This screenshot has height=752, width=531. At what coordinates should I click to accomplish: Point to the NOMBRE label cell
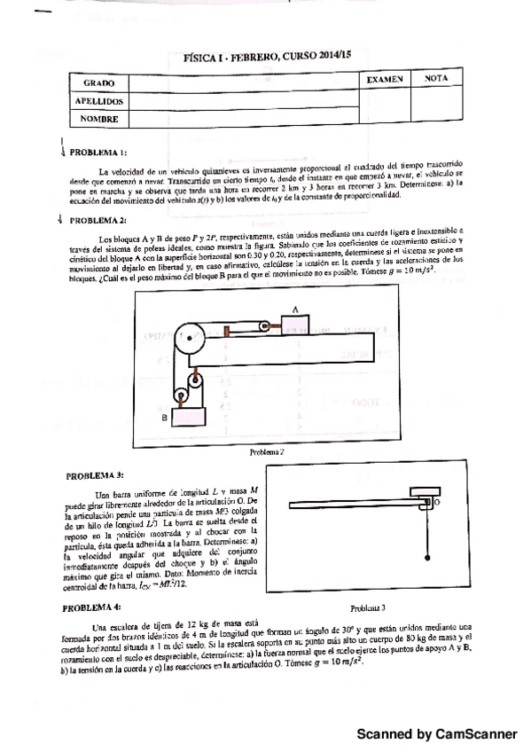pyautogui.click(x=98, y=118)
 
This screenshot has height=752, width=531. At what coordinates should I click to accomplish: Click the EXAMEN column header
pyautogui.click(x=386, y=80)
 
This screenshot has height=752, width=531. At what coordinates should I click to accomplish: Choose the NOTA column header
pyautogui.click(x=437, y=79)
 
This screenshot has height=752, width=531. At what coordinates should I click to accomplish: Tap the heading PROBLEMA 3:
pyautogui.click(x=98, y=475)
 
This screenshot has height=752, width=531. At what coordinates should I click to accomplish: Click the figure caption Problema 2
pyautogui.click(x=266, y=450)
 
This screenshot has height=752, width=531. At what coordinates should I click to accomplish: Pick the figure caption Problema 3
pyautogui.click(x=367, y=608)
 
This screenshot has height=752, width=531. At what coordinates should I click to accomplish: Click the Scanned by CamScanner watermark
pyautogui.click(x=435, y=734)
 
